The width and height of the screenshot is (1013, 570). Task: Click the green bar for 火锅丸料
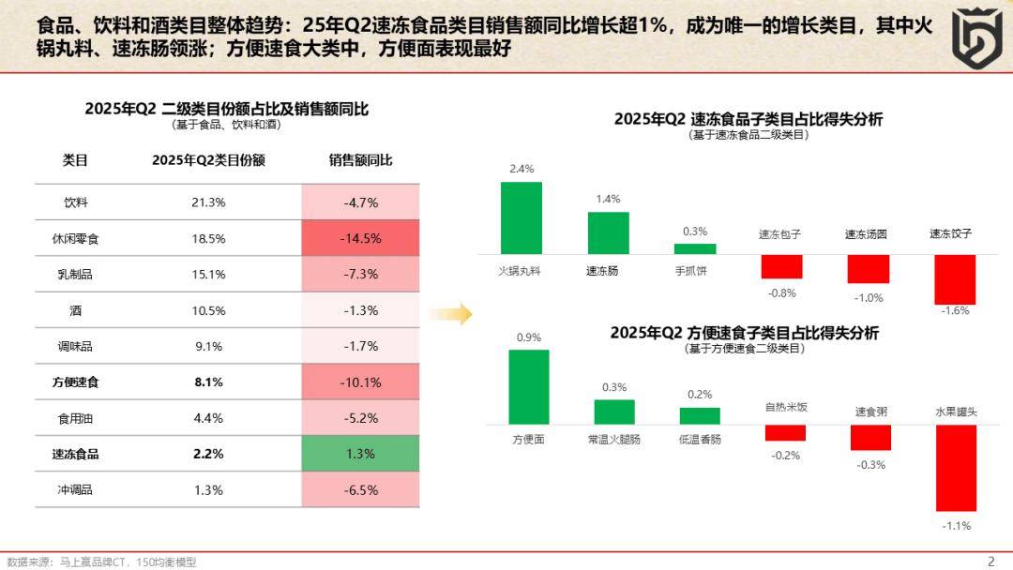[x=521, y=217]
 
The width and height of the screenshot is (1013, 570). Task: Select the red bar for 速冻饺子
[x=955, y=278]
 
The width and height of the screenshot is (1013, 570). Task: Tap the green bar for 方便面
[x=528, y=386]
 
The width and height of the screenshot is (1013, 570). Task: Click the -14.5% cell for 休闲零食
[x=361, y=238]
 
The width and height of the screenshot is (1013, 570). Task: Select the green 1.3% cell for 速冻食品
[x=361, y=454]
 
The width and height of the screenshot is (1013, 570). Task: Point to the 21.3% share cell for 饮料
[x=208, y=202]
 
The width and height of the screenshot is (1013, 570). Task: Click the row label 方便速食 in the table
[x=75, y=382]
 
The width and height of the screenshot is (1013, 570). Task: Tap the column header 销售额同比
[x=361, y=160]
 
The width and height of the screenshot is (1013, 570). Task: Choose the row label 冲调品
[x=75, y=489]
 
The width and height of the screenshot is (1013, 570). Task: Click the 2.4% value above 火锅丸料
[x=521, y=169]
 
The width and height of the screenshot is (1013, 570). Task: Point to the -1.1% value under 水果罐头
[x=955, y=526]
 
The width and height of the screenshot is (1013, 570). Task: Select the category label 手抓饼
[x=695, y=271]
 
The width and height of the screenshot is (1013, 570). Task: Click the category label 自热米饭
[x=785, y=407]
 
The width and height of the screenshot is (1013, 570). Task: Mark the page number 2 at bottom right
[x=990, y=561]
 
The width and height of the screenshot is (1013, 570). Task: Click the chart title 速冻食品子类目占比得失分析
[x=748, y=119]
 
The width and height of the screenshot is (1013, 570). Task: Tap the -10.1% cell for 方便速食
[x=361, y=382]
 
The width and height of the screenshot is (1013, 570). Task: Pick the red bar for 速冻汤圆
[x=868, y=268]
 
